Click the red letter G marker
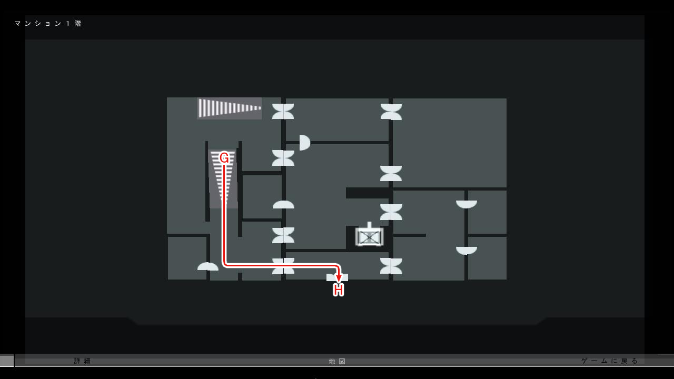(x=224, y=158)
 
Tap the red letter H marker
(x=339, y=290)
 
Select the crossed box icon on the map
(x=369, y=237)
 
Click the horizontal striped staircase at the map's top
(x=230, y=108)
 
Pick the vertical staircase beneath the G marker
(x=223, y=179)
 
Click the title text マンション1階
(x=48, y=24)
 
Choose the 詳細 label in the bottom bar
(x=83, y=361)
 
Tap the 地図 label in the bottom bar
(x=338, y=362)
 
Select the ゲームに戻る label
(x=610, y=361)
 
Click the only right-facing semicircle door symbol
(x=304, y=143)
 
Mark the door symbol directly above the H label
(x=337, y=277)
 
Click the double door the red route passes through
(x=283, y=266)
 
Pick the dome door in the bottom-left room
(x=208, y=266)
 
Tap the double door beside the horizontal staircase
(x=283, y=111)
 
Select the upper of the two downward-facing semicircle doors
(x=467, y=204)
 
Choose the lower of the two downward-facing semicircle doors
(x=467, y=250)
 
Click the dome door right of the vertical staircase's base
(x=283, y=204)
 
